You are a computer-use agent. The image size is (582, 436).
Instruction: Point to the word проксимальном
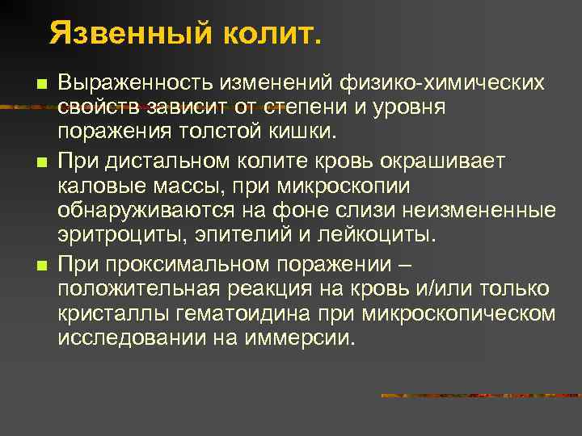coord(188,264)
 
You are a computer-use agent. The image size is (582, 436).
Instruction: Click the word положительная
coord(138,288)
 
